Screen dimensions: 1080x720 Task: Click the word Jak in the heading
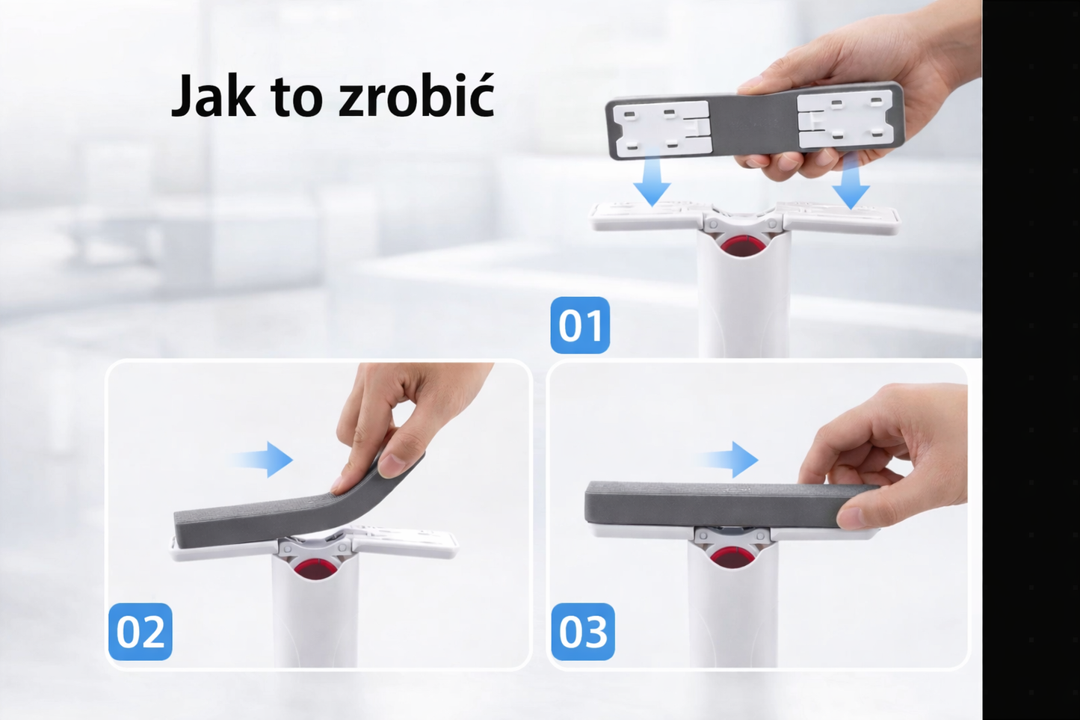pyautogui.click(x=213, y=96)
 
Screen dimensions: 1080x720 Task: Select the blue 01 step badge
pyautogui.click(x=580, y=325)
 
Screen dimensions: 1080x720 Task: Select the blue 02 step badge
pyautogui.click(x=141, y=632)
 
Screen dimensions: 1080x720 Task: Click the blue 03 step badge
pyautogui.click(x=583, y=632)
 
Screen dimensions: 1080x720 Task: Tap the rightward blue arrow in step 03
pyautogui.click(x=728, y=460)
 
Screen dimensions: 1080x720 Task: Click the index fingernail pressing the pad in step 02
pyautogui.click(x=392, y=465)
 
